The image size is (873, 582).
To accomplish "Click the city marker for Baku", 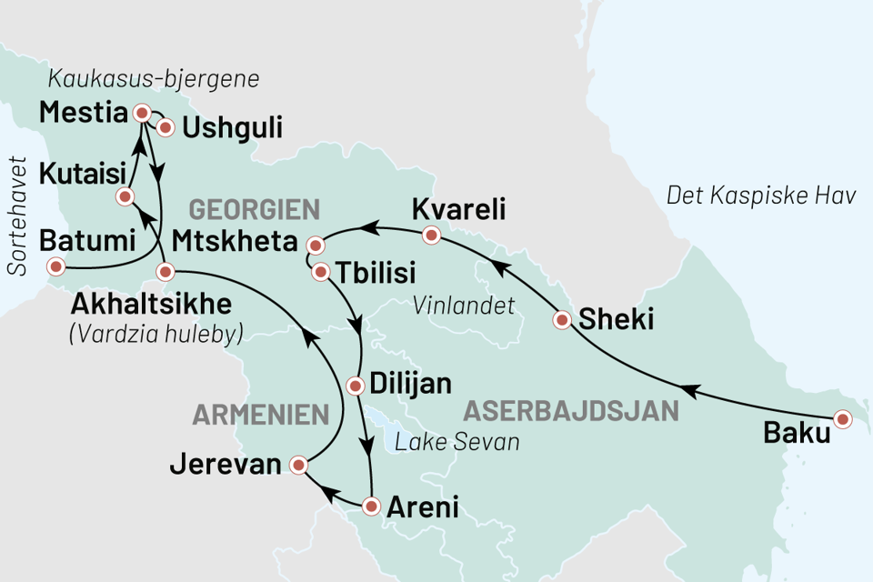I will click(843, 419).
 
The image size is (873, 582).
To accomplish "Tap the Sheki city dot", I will click(563, 319).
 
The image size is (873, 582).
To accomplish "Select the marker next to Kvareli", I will click(432, 236).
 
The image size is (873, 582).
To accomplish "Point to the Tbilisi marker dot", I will click(320, 271).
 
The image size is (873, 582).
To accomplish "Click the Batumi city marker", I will click(56, 266).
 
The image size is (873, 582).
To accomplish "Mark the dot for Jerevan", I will click(297, 467).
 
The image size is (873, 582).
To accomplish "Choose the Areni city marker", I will click(370, 506).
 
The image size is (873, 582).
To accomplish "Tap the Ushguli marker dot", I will click(166, 127).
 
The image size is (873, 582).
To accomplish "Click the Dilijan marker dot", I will click(356, 385).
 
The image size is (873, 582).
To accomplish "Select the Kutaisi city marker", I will click(125, 196).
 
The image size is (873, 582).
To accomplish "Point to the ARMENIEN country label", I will click(260, 416).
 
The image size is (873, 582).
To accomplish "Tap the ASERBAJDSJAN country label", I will click(571, 410).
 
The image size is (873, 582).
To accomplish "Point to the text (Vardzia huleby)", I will click(156, 334).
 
